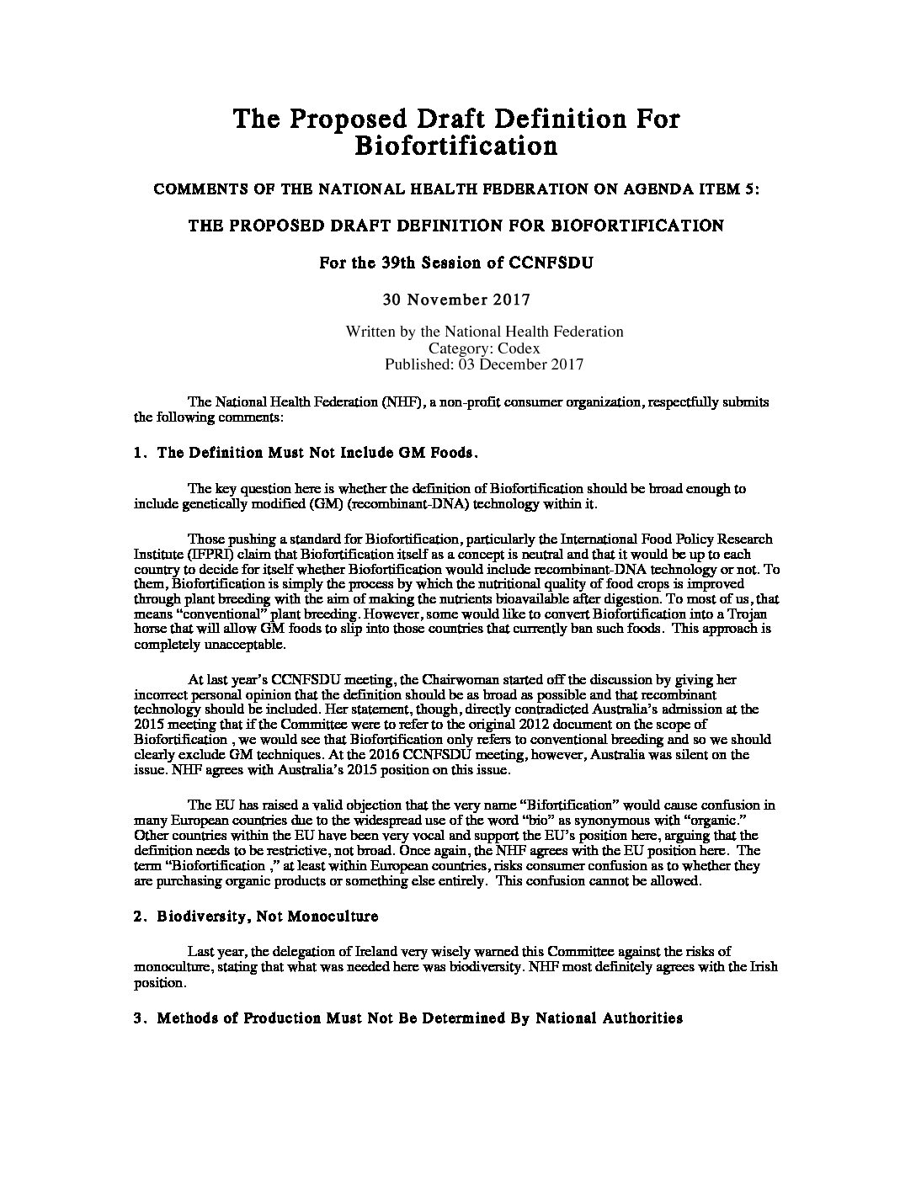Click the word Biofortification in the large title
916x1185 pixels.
point(455,146)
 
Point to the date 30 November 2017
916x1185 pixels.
point(455,299)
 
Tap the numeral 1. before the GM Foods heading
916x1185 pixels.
point(140,453)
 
